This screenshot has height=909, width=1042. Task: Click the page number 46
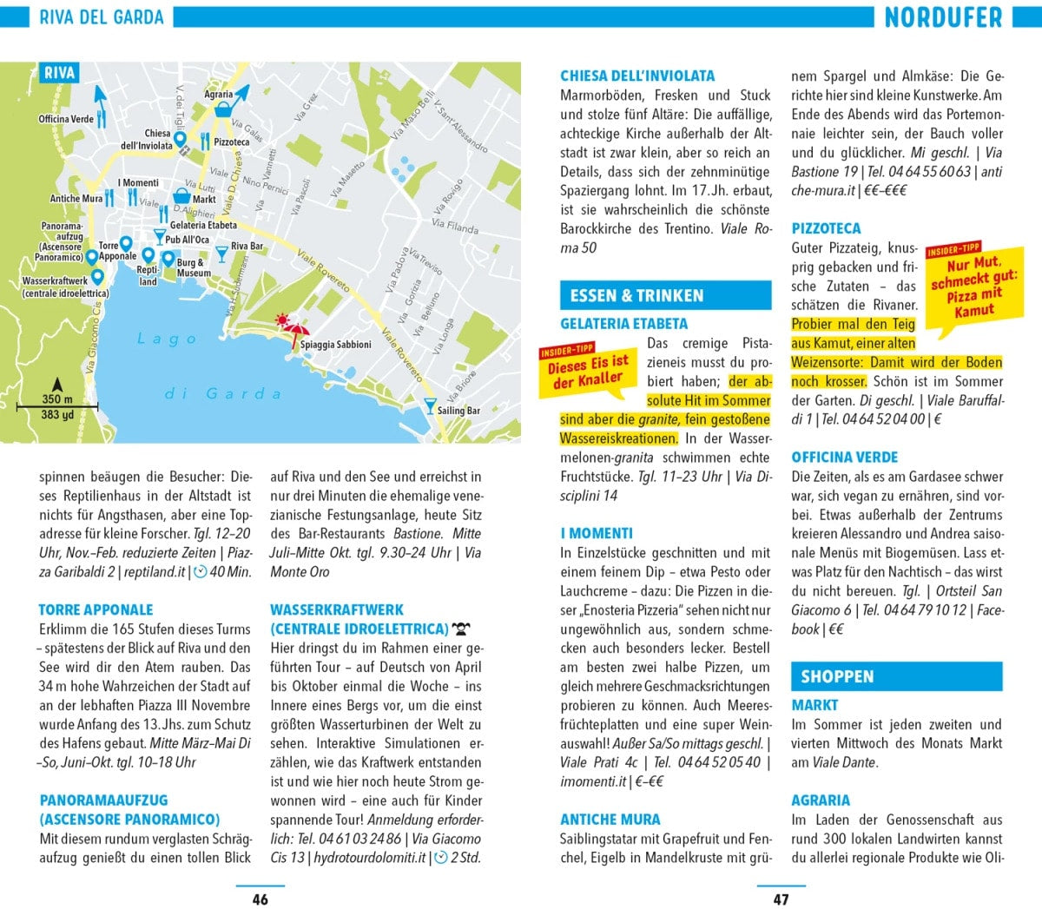[260, 899]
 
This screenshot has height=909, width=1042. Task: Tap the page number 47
[781, 899]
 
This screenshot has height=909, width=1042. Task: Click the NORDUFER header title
[943, 17]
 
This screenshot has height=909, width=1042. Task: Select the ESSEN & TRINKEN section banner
[665, 296]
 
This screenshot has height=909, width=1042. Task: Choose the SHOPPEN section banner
[896, 676]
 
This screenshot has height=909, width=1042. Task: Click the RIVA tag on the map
[59, 74]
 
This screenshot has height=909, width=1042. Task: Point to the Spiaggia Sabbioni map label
[335, 345]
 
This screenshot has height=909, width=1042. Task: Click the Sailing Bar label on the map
[458, 411]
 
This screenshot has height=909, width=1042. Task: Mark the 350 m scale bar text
[57, 399]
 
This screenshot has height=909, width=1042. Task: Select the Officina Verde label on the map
[66, 119]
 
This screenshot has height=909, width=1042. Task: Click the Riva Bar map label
[247, 247]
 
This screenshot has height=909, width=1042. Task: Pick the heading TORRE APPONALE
[96, 609]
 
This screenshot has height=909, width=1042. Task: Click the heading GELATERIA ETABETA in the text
[623, 324]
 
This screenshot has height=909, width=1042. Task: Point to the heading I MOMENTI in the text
[596, 533]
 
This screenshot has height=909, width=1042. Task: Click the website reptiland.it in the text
[155, 571]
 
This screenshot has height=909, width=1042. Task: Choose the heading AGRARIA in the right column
[821, 800]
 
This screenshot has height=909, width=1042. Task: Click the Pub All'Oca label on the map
[187, 240]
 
